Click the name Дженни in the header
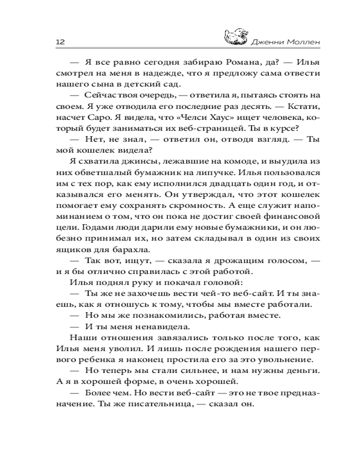267,42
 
